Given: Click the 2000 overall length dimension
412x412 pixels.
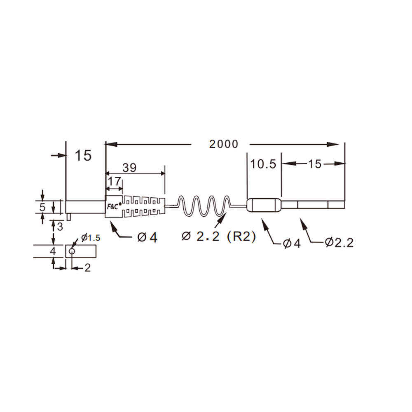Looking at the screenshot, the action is click(224, 144).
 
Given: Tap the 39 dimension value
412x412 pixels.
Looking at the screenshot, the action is click(129, 168).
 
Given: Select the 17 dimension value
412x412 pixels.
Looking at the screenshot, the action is click(114, 181).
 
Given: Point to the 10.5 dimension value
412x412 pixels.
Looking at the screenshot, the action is click(263, 164).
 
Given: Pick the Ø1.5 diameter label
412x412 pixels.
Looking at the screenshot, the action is click(91, 238).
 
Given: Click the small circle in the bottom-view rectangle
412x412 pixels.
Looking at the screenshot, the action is click(72, 251).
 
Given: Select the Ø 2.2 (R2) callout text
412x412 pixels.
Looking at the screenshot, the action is click(219, 236).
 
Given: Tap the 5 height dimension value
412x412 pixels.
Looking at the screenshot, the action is click(42, 207).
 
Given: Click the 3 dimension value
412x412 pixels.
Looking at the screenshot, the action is click(60, 227).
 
